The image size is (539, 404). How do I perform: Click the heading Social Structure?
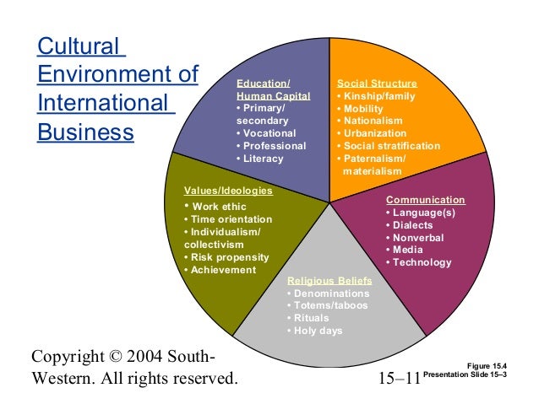point(377,84)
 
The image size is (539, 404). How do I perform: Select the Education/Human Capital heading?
point(273,90)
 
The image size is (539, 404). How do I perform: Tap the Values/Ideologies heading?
point(228,191)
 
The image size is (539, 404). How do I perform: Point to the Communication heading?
point(425,200)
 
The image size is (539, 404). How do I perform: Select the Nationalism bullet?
point(375,121)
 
